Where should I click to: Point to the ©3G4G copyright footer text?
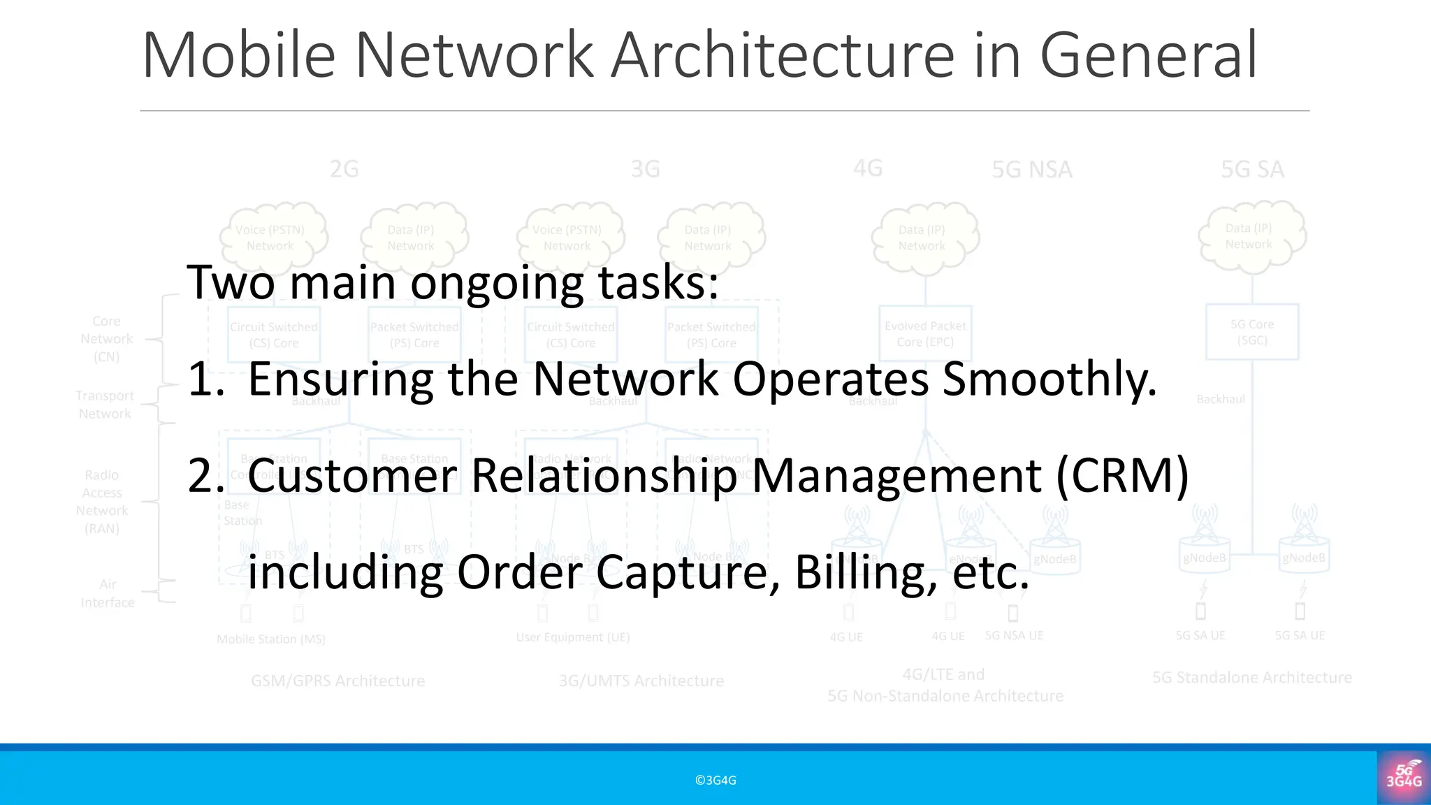[x=715, y=781]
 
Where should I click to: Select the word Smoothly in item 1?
[x=1049, y=379]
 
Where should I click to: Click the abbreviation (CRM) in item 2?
[x=1122, y=476]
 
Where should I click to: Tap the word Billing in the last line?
[x=866, y=572]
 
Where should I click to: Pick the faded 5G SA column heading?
[x=1252, y=169]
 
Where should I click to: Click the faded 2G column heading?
[x=344, y=169]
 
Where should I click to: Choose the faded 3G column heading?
[x=645, y=169]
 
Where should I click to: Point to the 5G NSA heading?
[x=1031, y=169]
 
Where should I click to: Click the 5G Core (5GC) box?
[x=1252, y=332]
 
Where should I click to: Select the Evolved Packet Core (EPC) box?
[x=925, y=333]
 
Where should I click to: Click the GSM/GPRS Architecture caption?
[x=337, y=681]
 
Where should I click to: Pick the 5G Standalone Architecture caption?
[x=1251, y=677]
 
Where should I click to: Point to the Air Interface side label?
[x=108, y=593]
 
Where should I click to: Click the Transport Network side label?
[x=105, y=405]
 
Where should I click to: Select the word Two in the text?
[x=230, y=283]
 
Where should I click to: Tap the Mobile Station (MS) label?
[x=270, y=639]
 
